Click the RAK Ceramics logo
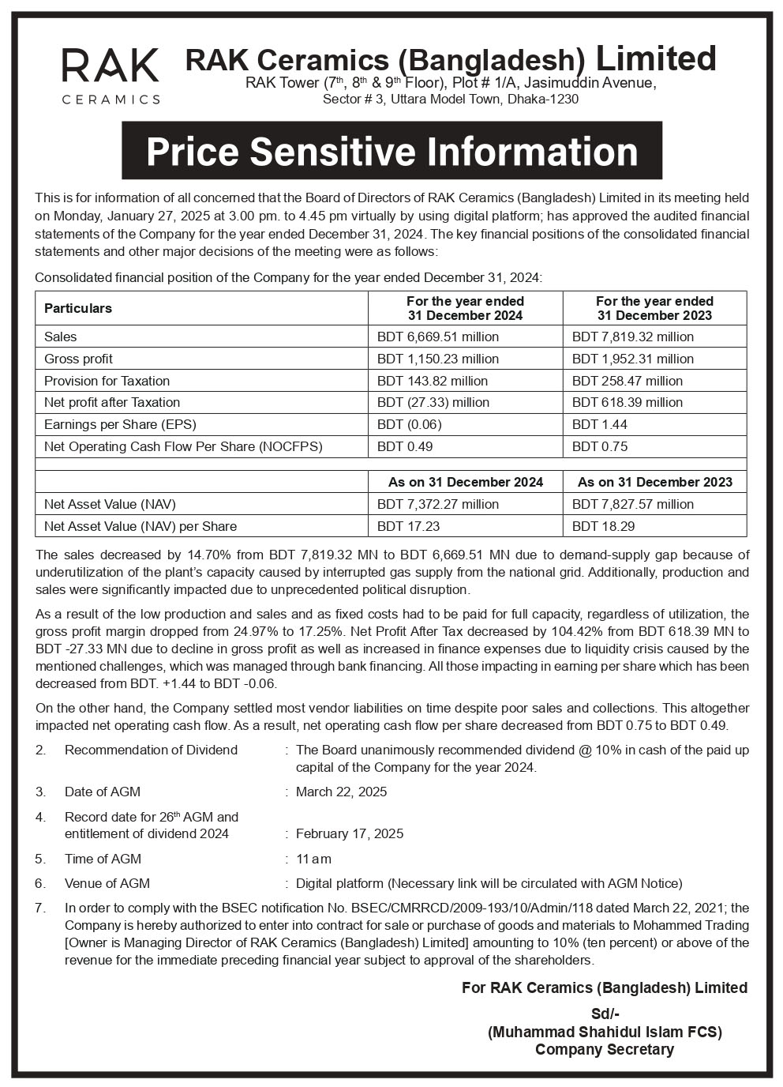[111, 75]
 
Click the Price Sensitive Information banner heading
[391, 151]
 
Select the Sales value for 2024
[438, 337]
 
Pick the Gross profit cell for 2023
[633, 359]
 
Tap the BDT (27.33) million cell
[433, 402]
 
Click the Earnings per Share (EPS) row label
[120, 424]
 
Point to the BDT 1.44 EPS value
[600, 424]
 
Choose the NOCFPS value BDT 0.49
[405, 446]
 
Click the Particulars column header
[78, 308]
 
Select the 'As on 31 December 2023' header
[654, 482]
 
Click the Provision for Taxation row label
[107, 381]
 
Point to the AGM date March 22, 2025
[341, 792]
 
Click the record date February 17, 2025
[350, 833]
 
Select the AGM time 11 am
[313, 859]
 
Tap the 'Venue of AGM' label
[107, 883]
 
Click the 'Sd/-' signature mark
[605, 1014]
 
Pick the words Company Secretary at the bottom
[605, 1049]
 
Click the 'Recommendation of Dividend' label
[151, 750]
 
